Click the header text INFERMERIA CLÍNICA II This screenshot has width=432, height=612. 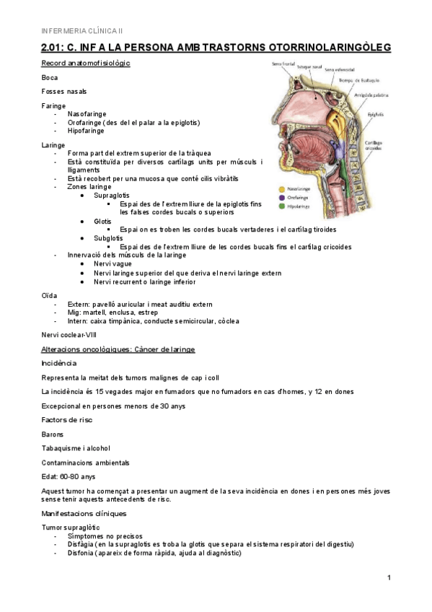coord(82,30)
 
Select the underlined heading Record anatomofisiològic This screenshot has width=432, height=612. coord(86,64)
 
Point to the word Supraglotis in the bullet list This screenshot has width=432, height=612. coord(112,196)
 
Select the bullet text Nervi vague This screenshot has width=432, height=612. coord(113,264)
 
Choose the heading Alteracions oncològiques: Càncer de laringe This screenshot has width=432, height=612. coord(118,349)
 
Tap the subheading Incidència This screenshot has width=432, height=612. coord(59,363)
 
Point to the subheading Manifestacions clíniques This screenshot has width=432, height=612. coord(84,514)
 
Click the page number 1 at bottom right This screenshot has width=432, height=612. coord(389,577)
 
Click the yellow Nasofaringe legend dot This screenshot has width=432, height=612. coord(280,191)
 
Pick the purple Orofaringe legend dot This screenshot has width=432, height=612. coord(280,198)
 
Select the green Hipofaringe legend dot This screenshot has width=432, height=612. coord(280,206)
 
